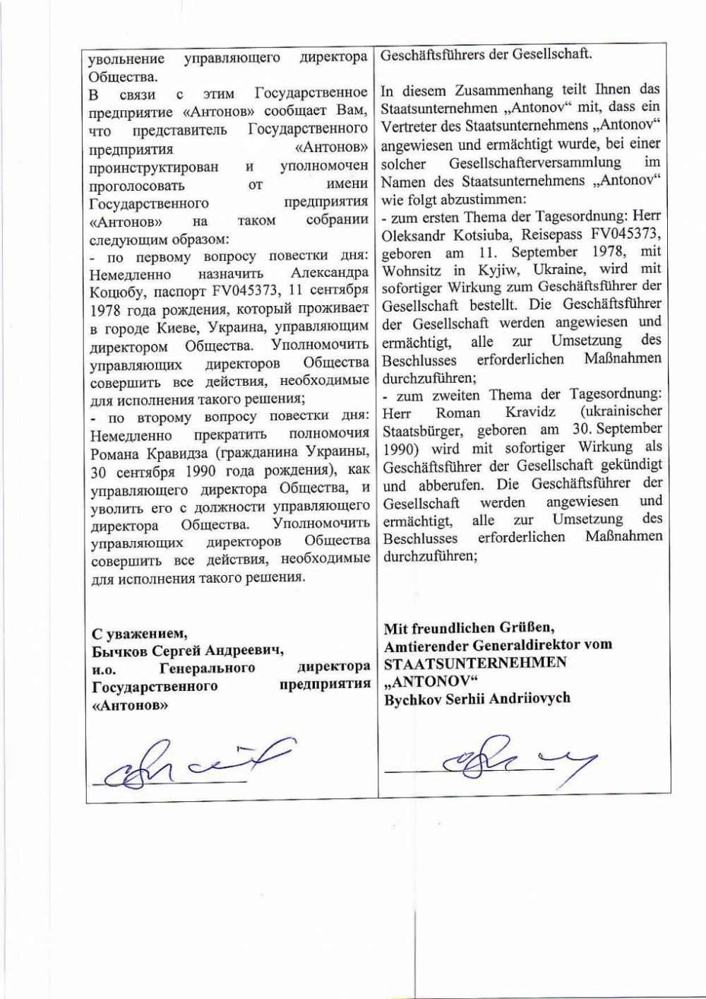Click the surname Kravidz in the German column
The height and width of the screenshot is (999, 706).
tap(530, 412)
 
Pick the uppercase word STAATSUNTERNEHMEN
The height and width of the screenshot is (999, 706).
tap(475, 663)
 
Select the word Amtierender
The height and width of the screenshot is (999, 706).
tap(425, 645)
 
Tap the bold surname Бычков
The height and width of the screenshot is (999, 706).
tap(119, 650)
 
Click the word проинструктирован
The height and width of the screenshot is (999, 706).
tap(154, 167)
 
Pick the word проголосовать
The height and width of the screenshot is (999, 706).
tap(137, 186)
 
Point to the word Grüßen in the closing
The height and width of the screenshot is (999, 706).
tap(529, 627)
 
